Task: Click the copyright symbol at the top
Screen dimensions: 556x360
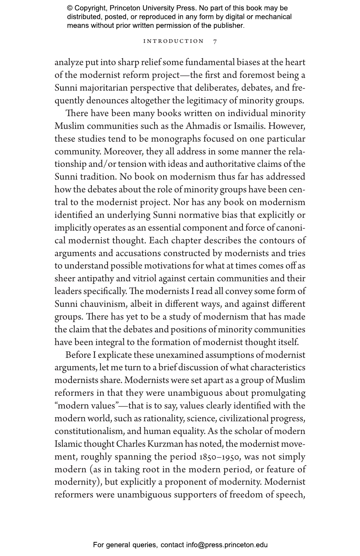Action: [70, 8]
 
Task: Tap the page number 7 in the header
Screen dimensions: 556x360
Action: [215, 42]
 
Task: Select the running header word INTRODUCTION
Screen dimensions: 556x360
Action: [173, 42]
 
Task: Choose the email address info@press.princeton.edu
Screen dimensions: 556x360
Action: [227, 545]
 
